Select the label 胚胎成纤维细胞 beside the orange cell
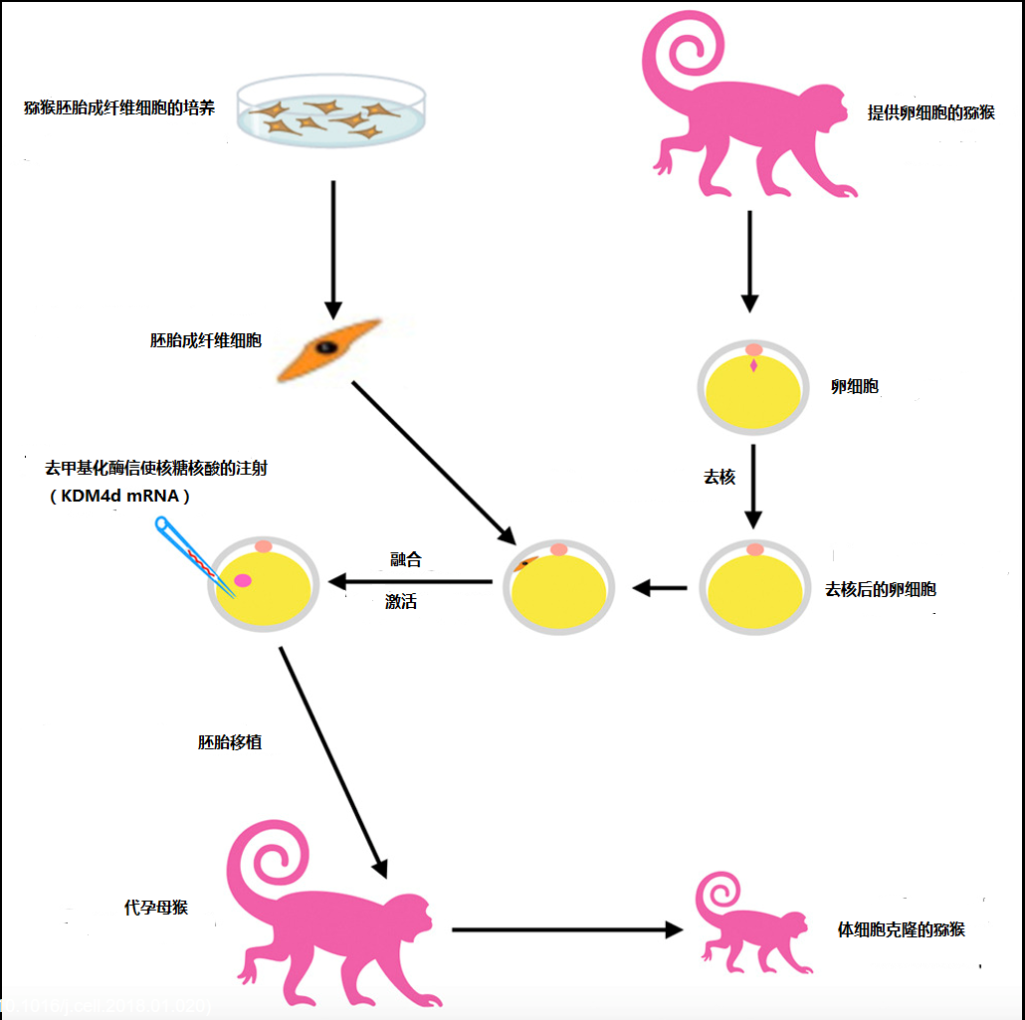click(206, 340)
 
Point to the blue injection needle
click(185, 553)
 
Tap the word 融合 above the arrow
click(406, 559)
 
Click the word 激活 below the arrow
click(401, 602)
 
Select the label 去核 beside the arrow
click(719, 477)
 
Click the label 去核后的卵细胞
click(881, 589)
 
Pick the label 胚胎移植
click(230, 741)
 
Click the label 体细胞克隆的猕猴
click(902, 929)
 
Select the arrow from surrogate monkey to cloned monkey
click(566, 929)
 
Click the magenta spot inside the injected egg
click(243, 580)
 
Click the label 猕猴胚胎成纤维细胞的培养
click(119, 107)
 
